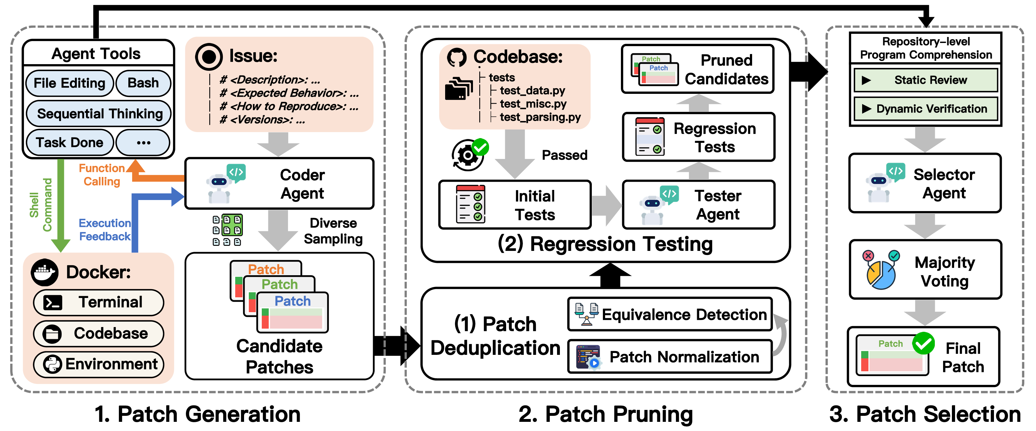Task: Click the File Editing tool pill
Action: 69,83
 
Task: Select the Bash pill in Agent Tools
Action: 143,83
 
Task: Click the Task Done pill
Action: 69,142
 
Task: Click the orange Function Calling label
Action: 101,174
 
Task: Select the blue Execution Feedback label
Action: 105,230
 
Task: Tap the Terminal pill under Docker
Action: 99,302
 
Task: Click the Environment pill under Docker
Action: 99,364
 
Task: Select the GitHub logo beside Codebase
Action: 457,58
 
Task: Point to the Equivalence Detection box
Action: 670,314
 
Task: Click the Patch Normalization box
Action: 670,357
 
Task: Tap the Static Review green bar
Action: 925,80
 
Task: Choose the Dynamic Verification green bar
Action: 925,109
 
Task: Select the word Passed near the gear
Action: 564,155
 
